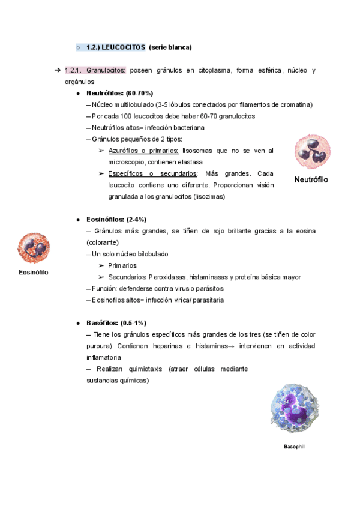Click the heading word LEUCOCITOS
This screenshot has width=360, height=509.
(x=123, y=47)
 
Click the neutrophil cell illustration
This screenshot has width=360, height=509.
(x=312, y=152)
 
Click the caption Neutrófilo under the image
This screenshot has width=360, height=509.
(x=311, y=180)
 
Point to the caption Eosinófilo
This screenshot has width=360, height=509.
(x=34, y=272)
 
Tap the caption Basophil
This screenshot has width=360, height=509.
(x=294, y=447)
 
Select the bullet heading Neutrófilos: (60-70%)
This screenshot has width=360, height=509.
(x=119, y=94)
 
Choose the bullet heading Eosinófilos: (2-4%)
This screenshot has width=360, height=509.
(x=116, y=220)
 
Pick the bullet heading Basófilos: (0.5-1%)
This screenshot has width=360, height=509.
(x=116, y=323)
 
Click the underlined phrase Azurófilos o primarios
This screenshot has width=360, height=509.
(x=143, y=151)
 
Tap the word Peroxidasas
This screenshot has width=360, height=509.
(x=167, y=277)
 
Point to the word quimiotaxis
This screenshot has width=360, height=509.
(x=143, y=369)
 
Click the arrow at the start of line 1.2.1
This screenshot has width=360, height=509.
(x=58, y=71)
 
